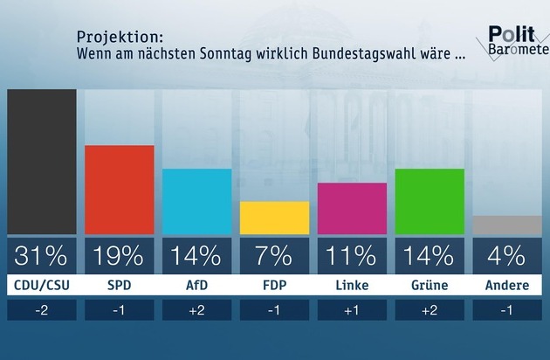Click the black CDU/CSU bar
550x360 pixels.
(x=41, y=162)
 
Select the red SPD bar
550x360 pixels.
(x=119, y=190)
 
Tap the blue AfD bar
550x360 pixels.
(x=196, y=201)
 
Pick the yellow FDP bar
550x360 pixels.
(x=274, y=218)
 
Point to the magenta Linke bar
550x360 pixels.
(x=352, y=208)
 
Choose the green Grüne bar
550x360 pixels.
(x=430, y=201)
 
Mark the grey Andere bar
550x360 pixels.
(x=507, y=225)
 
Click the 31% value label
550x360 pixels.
(x=41, y=256)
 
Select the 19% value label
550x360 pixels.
(x=119, y=256)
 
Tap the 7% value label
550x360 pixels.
(x=274, y=256)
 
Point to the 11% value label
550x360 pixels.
(x=352, y=256)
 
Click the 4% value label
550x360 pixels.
(x=507, y=256)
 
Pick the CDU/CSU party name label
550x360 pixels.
(x=41, y=286)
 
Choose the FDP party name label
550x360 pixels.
(x=274, y=286)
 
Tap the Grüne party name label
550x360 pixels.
(x=430, y=286)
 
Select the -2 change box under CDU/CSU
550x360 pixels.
(x=41, y=310)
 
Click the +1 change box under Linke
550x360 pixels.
(x=352, y=310)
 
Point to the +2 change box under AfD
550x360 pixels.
(x=196, y=310)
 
